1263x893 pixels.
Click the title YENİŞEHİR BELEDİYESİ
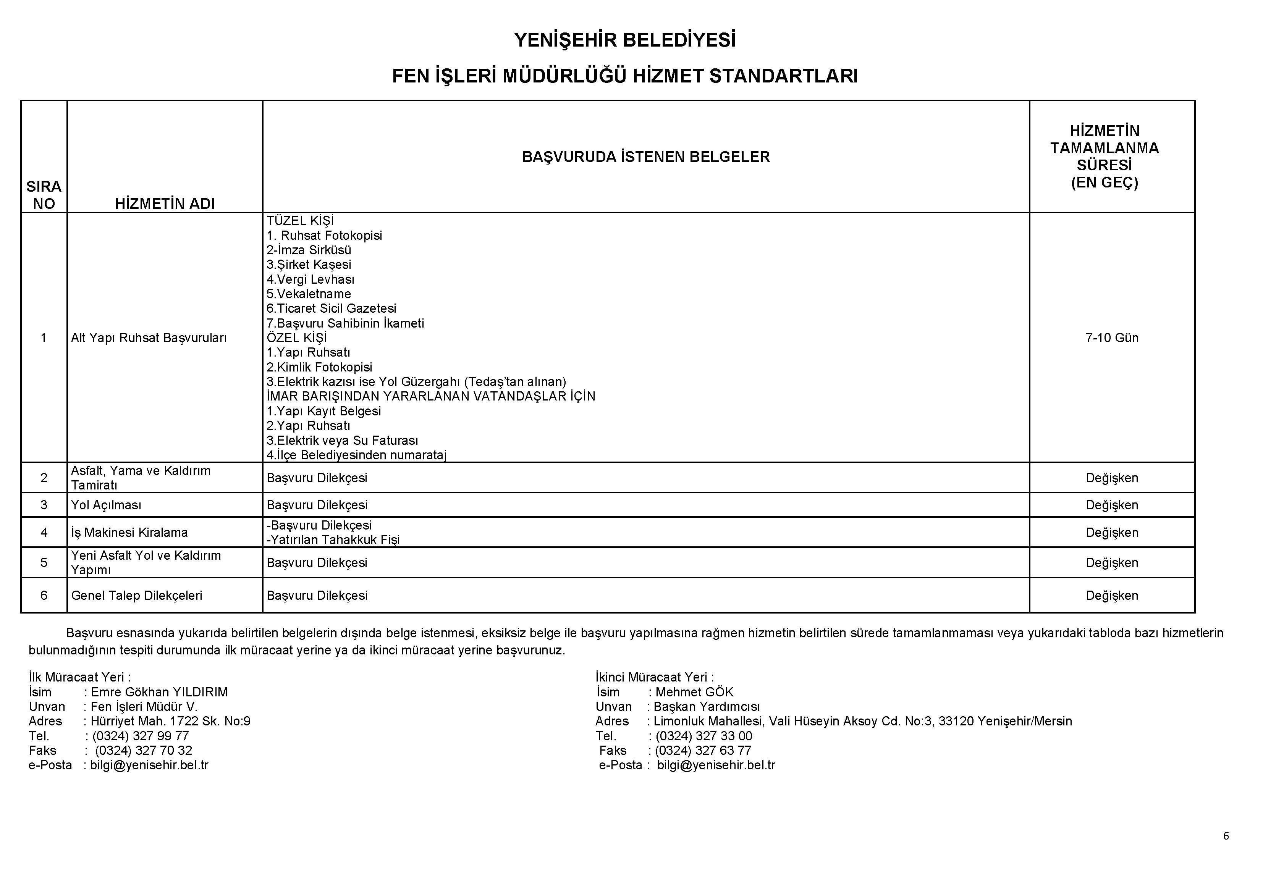click(624, 40)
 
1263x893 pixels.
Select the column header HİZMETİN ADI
click(165, 203)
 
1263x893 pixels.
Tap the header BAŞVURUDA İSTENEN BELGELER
click(645, 157)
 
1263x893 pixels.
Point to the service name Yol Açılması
click(106, 505)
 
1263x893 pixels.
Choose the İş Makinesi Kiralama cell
click(129, 532)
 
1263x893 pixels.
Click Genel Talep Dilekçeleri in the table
click(136, 596)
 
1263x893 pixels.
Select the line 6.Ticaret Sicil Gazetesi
click(331, 308)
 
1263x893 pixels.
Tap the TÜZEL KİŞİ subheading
click(300, 221)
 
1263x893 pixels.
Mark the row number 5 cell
click(44, 562)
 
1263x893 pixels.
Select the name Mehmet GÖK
click(694, 692)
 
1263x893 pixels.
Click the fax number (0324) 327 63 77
click(703, 751)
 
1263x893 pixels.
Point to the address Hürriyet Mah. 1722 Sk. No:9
click(171, 721)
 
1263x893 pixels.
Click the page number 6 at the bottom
click(1226, 836)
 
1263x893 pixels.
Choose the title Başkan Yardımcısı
click(706, 707)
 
